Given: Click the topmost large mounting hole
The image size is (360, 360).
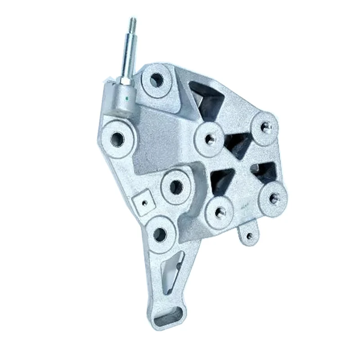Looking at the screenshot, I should (x=156, y=80).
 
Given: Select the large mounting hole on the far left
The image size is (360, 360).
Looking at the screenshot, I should (x=117, y=137).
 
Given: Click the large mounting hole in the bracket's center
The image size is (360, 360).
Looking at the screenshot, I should (x=176, y=187).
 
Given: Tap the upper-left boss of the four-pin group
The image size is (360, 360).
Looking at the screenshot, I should (x=209, y=139).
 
